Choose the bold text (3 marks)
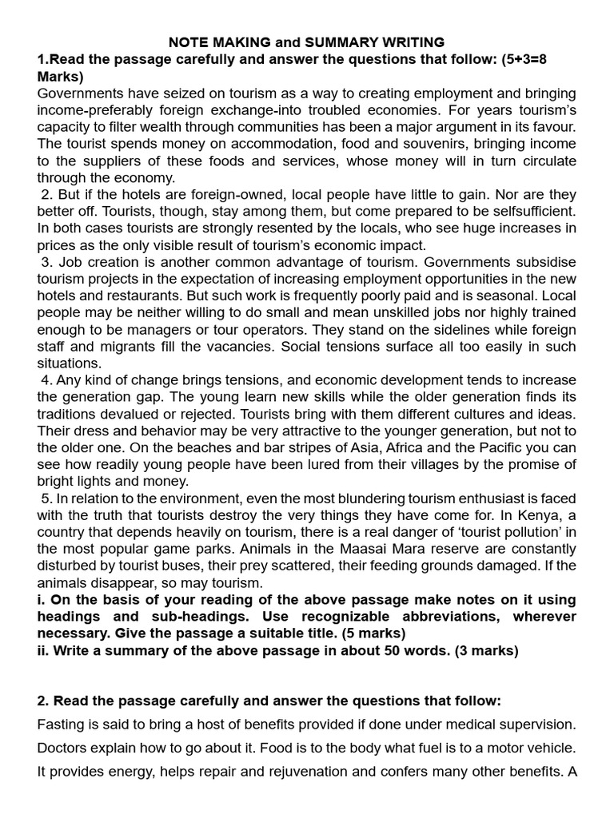click(x=478, y=650)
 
